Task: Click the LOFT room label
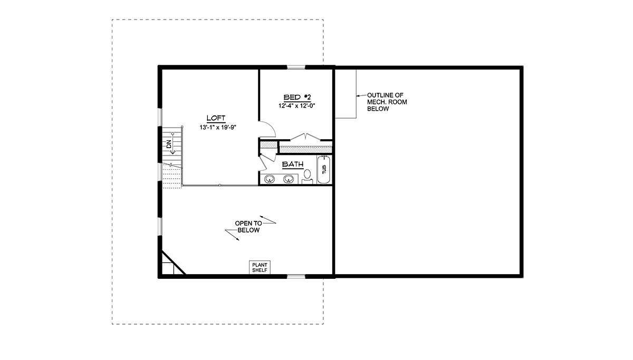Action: coord(216,118)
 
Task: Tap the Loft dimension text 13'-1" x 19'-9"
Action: coord(218,128)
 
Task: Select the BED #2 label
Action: coord(297,98)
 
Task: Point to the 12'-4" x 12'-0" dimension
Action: coord(296,106)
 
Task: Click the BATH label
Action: coord(293,164)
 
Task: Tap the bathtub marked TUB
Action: coord(324,169)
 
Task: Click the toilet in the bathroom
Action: coord(307,177)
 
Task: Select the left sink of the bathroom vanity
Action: coord(270,179)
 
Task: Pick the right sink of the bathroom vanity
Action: coord(289,179)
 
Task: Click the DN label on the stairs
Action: coord(169,144)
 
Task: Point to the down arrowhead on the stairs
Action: coord(172,152)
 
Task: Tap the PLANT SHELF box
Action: coord(260,267)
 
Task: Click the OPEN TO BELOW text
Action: coord(248,227)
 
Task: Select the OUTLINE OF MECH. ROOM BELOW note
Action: coord(387,102)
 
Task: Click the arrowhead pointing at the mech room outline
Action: coord(358,96)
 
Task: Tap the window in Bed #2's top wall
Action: coord(296,67)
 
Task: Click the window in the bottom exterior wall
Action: coord(296,276)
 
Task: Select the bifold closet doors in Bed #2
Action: coord(305,137)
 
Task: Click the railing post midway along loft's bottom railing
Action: coord(220,185)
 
